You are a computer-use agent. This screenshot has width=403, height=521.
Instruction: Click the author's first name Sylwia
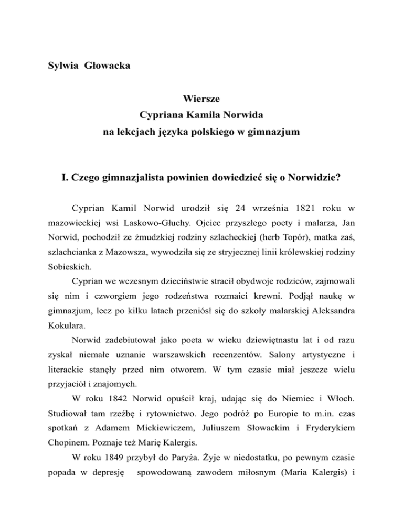(59, 69)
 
